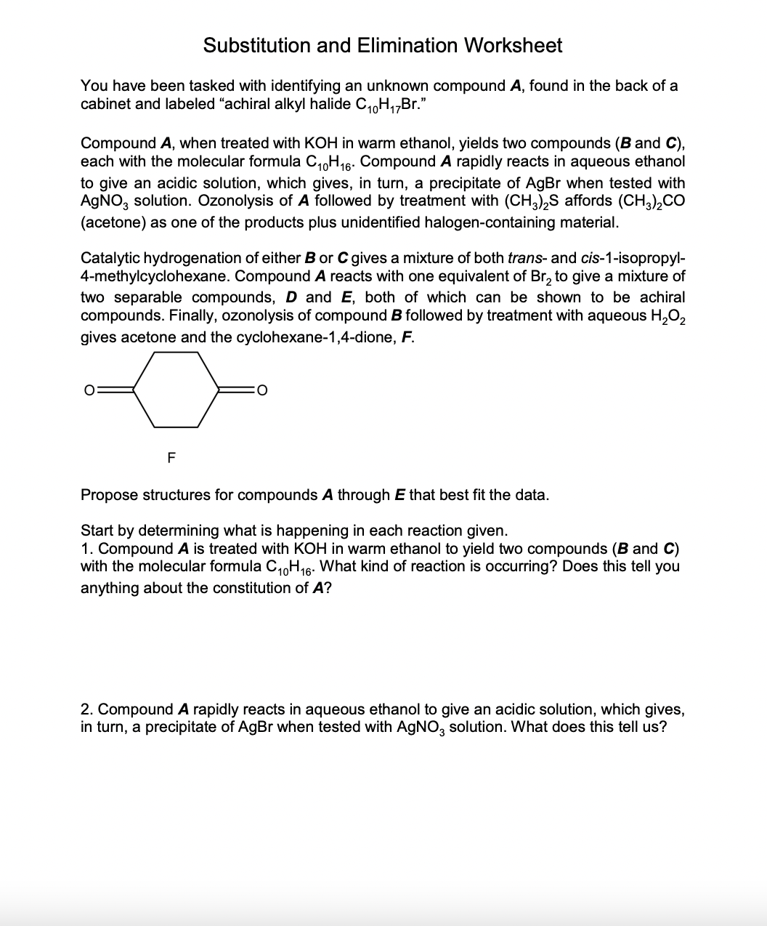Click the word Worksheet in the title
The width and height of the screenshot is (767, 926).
pyautogui.click(x=513, y=45)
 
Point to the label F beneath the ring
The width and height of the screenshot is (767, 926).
pyautogui.click(x=171, y=458)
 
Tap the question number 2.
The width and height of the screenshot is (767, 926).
pyautogui.click(x=86, y=709)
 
